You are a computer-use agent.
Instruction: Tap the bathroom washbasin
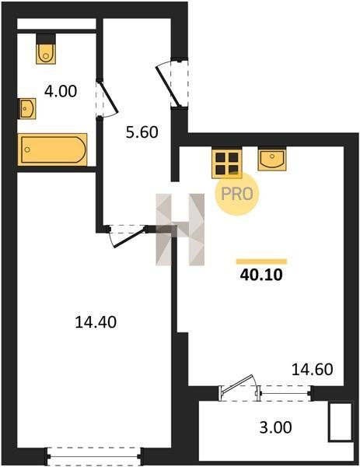click(27, 108)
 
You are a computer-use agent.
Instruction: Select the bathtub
click(52, 149)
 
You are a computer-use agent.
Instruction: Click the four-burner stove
click(227, 163)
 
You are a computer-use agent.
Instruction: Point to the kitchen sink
click(272, 159)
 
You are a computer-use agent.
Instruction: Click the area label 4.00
click(61, 91)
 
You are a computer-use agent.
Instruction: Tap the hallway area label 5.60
click(142, 132)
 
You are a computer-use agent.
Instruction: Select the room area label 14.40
click(96, 322)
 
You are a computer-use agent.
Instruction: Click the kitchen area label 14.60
click(312, 370)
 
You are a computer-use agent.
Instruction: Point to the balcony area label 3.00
click(276, 427)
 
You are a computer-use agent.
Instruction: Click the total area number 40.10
click(261, 276)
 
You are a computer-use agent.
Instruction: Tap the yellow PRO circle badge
click(237, 194)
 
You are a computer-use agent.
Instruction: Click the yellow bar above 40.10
click(261, 262)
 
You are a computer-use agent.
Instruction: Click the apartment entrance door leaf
click(168, 86)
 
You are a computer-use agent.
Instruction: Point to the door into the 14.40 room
click(130, 237)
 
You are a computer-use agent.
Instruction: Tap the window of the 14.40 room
click(94, 455)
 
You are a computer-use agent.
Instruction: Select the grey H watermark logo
click(180, 230)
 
